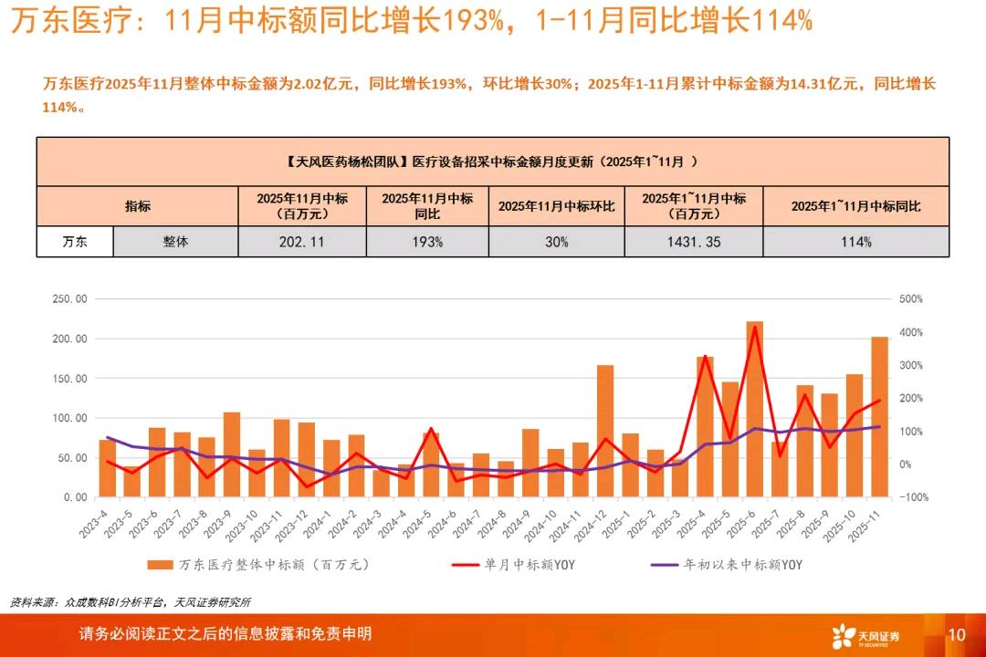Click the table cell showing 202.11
tap(302, 242)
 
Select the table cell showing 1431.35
tap(694, 242)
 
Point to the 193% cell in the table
tap(427, 242)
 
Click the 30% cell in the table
tap(557, 242)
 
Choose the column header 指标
tap(138, 206)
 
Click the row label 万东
tap(75, 242)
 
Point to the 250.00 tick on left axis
tap(69, 299)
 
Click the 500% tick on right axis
tap(910, 299)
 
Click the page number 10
tap(957, 634)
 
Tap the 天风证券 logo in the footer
tap(865, 635)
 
